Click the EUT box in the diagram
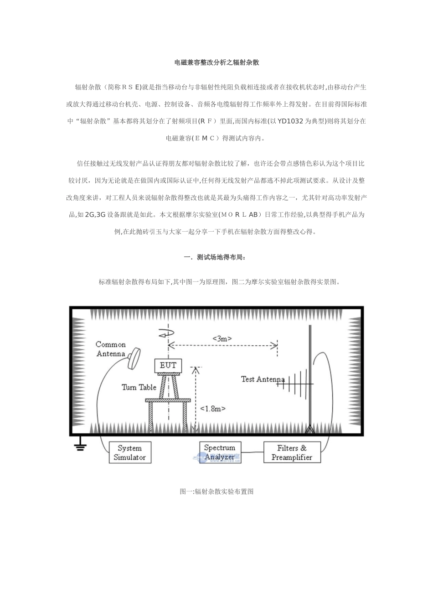click(168, 365)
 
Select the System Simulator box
click(129, 452)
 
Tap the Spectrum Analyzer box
click(220, 452)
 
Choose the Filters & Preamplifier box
click(292, 452)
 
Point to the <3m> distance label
click(222, 338)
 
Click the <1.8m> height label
click(213, 409)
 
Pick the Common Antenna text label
click(111, 349)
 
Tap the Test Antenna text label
click(263, 379)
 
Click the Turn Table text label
click(139, 387)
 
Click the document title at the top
click(216, 62)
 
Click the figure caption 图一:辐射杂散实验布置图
click(216, 491)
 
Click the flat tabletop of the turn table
click(168, 400)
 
